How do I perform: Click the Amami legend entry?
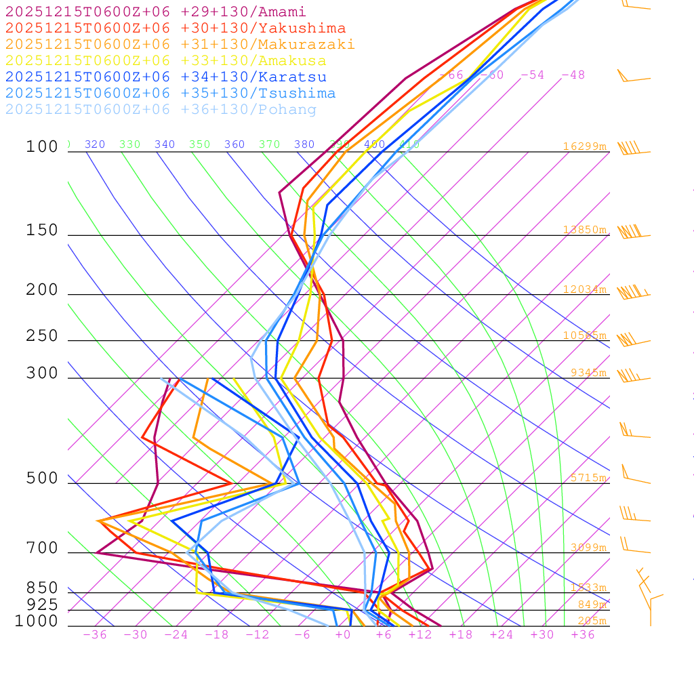[x=155, y=12]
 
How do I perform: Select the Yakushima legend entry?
[x=175, y=28]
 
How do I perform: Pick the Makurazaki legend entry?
[x=180, y=45]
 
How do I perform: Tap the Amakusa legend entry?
[x=165, y=61]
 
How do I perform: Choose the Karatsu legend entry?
[x=166, y=77]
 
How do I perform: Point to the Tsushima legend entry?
[x=170, y=94]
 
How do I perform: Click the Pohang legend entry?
[x=161, y=110]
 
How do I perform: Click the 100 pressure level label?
[x=42, y=147]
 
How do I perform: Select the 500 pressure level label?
[x=42, y=479]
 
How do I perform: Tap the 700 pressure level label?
[x=42, y=548]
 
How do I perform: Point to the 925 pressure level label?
[x=42, y=605]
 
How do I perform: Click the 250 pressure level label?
[x=42, y=336]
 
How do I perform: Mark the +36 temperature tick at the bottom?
[x=583, y=635]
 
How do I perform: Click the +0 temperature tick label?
[x=343, y=635]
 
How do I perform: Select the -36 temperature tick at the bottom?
[x=94, y=635]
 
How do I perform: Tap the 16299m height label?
[x=584, y=146]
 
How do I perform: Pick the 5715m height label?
[x=588, y=478]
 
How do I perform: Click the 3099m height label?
[x=588, y=548]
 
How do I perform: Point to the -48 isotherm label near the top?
[x=573, y=75]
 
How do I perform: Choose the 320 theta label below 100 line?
[x=95, y=144]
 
